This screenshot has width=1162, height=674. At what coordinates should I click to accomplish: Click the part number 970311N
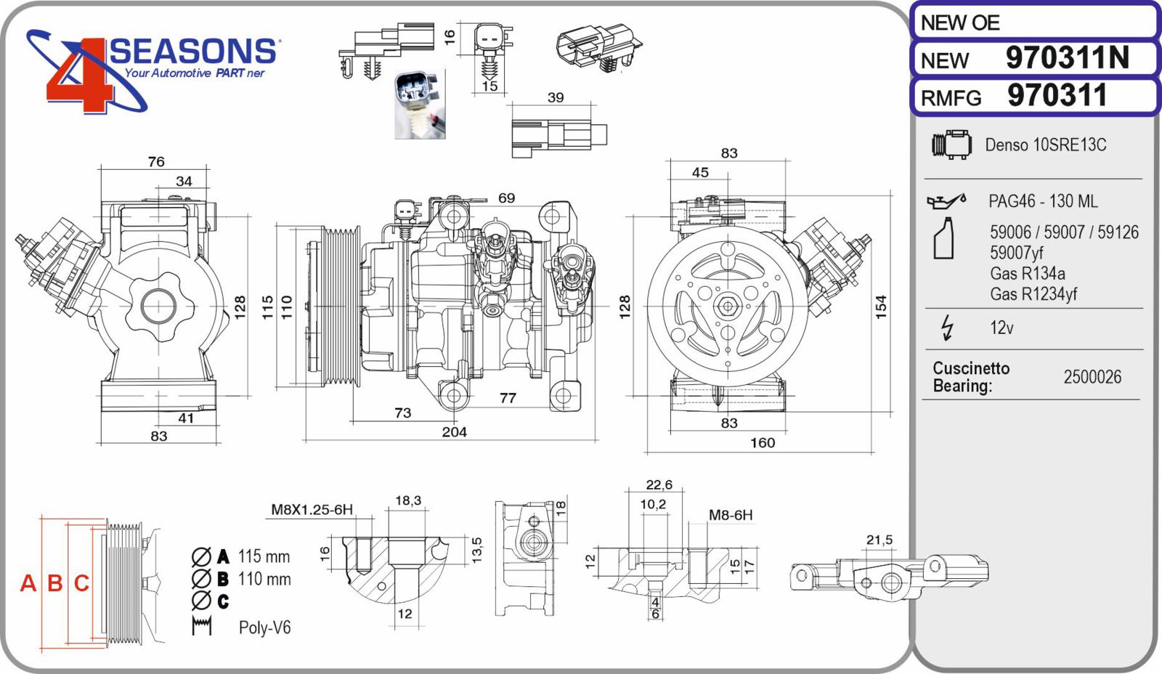(1067, 57)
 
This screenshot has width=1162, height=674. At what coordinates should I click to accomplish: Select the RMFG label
(951, 98)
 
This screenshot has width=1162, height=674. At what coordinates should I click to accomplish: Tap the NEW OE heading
(959, 23)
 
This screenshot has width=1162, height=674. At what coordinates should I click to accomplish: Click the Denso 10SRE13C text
(1045, 145)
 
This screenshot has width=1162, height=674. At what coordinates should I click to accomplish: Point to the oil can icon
(946, 200)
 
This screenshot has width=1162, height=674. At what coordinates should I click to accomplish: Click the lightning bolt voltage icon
(948, 328)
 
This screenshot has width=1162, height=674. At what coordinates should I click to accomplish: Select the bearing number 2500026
(1092, 377)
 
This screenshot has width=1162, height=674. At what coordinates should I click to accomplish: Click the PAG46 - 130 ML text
(1043, 200)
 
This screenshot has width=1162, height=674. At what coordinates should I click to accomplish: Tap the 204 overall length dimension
(455, 431)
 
